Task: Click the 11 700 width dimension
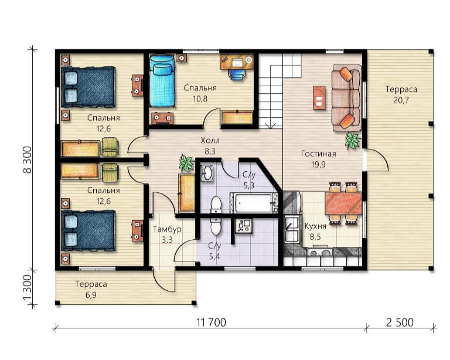(x=212, y=322)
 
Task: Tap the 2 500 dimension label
(x=400, y=322)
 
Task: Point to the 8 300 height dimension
(x=28, y=159)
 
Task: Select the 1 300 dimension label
(x=28, y=288)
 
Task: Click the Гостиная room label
(x=319, y=154)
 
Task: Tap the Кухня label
(x=315, y=226)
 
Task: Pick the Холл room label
(x=210, y=141)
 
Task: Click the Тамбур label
(x=167, y=229)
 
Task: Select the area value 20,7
(x=401, y=100)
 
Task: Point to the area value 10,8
(x=200, y=99)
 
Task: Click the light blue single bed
(x=162, y=81)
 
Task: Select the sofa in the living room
(x=346, y=97)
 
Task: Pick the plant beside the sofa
(x=352, y=140)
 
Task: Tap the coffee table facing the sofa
(x=319, y=97)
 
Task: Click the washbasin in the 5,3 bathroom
(x=206, y=173)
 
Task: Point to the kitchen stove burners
(x=320, y=253)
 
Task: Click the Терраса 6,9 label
(x=91, y=290)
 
